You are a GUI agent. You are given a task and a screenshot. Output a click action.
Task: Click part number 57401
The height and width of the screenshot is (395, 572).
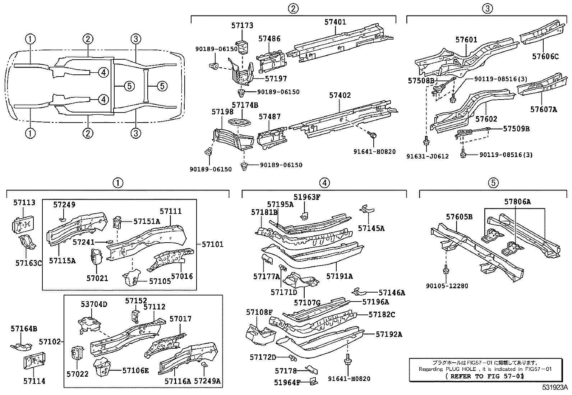(335, 22)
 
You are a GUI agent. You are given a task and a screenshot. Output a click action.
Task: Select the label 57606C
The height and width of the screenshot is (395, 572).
(545, 56)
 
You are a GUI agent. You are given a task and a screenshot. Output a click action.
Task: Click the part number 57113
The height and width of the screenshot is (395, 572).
(24, 203)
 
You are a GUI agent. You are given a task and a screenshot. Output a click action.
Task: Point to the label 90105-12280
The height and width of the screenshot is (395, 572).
(447, 286)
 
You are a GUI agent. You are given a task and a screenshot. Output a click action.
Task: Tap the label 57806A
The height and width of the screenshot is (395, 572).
(517, 202)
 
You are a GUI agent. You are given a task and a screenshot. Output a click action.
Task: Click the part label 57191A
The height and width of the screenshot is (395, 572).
(339, 276)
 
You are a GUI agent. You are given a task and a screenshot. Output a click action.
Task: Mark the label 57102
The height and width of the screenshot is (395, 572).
(51, 341)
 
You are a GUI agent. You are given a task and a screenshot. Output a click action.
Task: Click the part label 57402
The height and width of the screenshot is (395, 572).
(340, 96)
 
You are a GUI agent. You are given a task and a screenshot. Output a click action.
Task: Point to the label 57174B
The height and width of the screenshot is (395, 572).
(245, 105)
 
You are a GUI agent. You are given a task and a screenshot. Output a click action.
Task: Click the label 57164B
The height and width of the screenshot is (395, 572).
(24, 329)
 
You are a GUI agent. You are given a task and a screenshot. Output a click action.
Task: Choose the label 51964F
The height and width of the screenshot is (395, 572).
(287, 382)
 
